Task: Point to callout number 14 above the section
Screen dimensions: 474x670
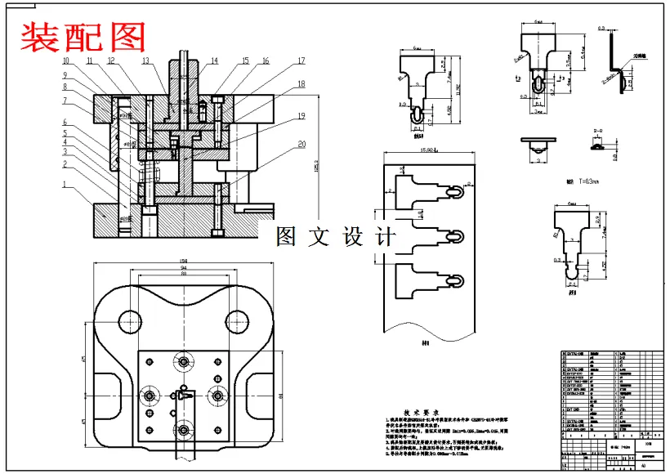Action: tap(214, 61)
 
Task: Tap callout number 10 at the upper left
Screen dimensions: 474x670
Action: tap(66, 61)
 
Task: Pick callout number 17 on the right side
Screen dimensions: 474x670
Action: tap(301, 61)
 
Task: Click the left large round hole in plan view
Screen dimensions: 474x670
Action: tap(130, 321)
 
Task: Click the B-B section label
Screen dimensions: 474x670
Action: tap(599, 129)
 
